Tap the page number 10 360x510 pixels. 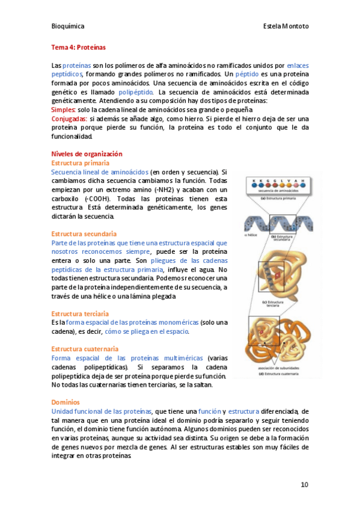pyautogui.click(x=304, y=485)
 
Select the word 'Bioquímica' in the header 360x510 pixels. pyautogui.click(x=68, y=26)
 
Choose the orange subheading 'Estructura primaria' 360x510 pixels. pyautogui.click(x=81, y=163)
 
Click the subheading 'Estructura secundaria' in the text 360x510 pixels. pyautogui.click(x=84, y=233)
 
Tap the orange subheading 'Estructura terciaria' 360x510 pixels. pyautogui.click(x=80, y=313)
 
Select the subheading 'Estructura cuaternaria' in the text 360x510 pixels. pyautogui.click(x=85, y=349)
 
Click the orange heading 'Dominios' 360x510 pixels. pyautogui.click(x=66, y=402)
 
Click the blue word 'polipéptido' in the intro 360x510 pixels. pyautogui.click(x=136, y=93)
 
